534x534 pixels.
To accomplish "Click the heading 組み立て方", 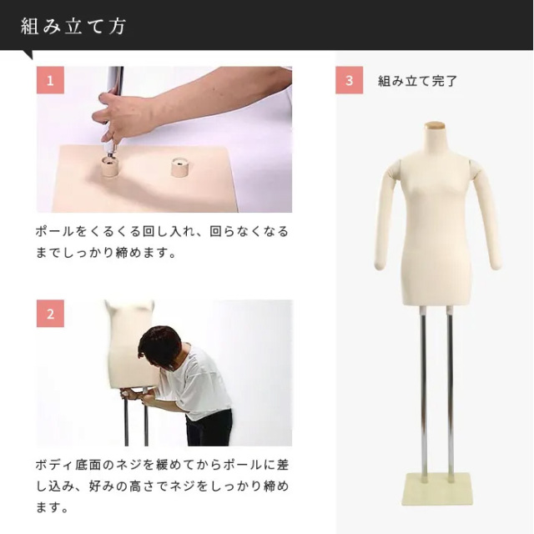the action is click(73, 27).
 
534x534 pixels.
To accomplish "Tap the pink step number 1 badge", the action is click(50, 80).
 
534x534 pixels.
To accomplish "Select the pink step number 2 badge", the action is click(50, 314).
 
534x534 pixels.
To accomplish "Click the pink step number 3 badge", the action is click(349, 80).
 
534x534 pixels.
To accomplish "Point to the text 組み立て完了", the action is click(417, 81).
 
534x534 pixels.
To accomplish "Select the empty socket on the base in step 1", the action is click(180, 167).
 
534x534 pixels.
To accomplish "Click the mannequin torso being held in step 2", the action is click(131, 344).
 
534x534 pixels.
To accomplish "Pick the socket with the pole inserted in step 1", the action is click(111, 166).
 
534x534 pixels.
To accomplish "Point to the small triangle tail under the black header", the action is click(28, 53).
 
